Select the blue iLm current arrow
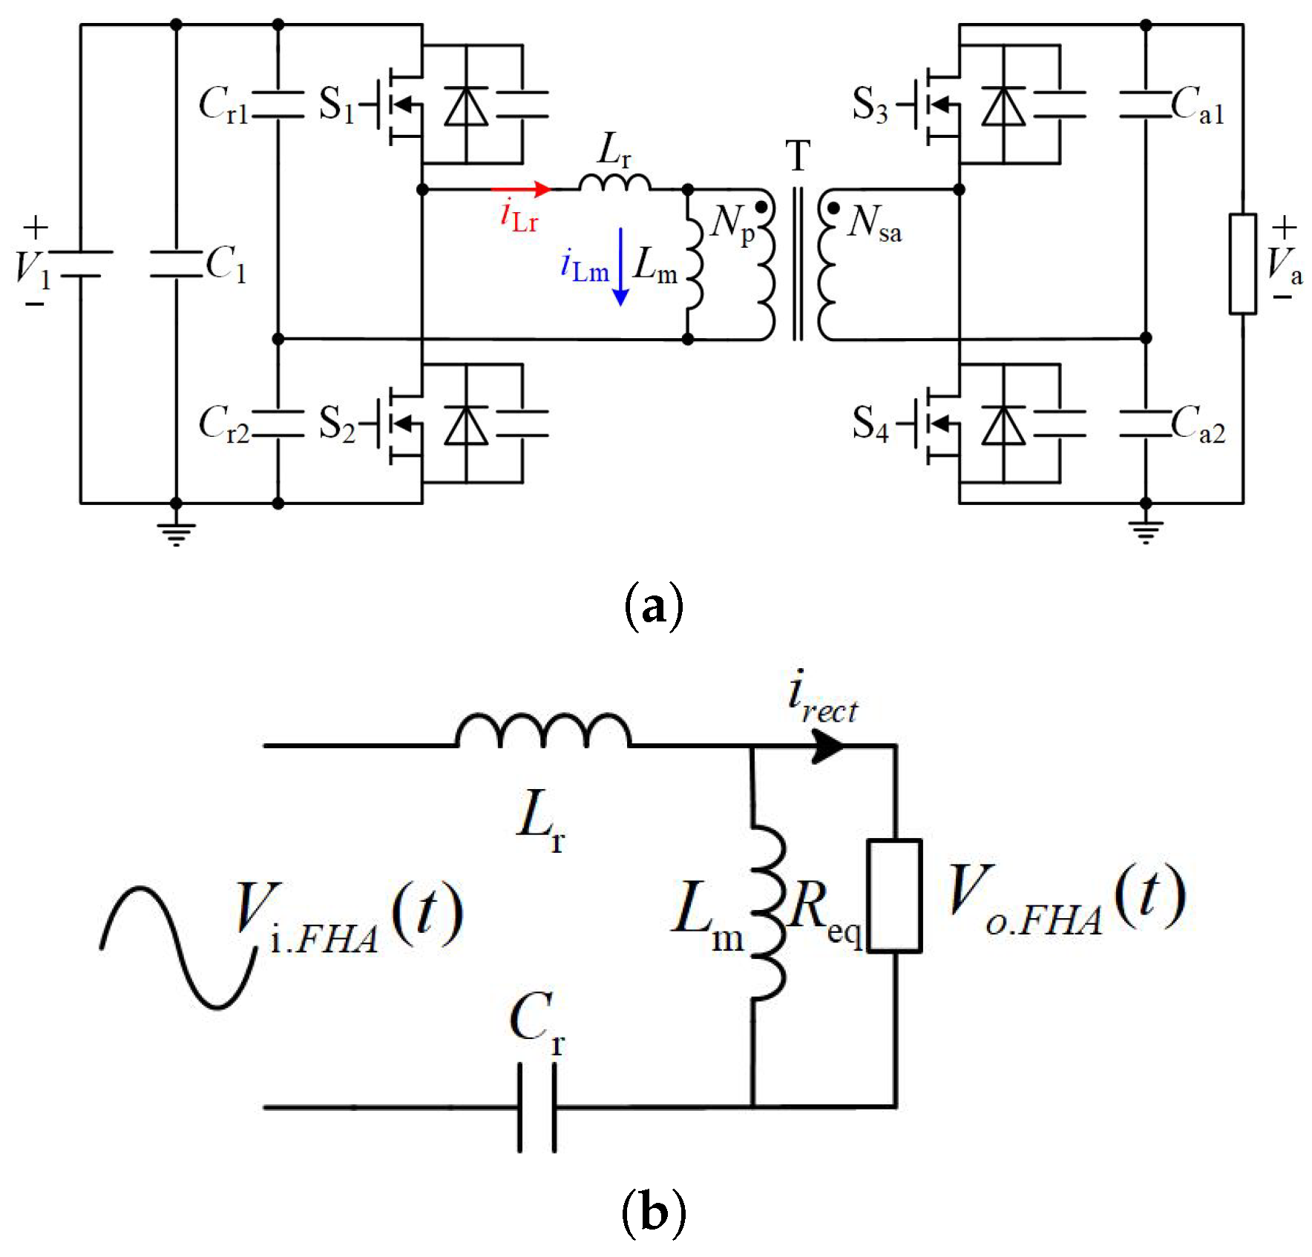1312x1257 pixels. click(621, 267)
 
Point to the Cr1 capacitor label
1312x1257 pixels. click(223, 104)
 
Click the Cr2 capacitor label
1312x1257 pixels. click(223, 423)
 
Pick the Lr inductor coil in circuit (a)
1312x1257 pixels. click(614, 182)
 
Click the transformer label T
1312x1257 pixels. click(798, 156)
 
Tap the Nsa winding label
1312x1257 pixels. click(874, 222)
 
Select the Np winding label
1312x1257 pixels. click(731, 222)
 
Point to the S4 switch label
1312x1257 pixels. click(870, 423)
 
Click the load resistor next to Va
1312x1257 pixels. click(1243, 264)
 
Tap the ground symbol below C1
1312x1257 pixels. click(176, 532)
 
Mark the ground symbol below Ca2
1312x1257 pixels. click(1145, 531)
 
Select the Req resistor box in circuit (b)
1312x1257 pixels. click(895, 895)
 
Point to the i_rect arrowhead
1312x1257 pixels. click(827, 745)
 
